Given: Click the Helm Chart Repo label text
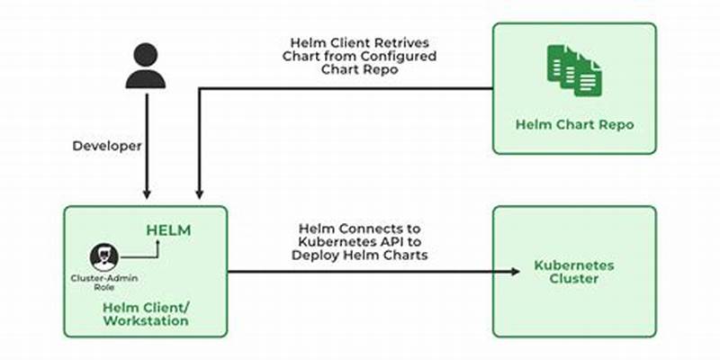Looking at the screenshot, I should [x=575, y=124].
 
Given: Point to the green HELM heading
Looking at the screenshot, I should [x=168, y=230].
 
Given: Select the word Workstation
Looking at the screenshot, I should [x=145, y=321].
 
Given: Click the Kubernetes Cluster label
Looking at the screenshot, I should [x=574, y=273].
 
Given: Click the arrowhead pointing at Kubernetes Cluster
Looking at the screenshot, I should [x=517, y=272].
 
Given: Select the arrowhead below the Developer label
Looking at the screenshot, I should [x=146, y=193].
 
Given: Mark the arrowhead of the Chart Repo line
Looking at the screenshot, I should [x=198, y=193].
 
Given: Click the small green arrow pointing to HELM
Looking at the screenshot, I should [x=157, y=243].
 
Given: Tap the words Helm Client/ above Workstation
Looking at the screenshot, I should [x=145, y=308].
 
